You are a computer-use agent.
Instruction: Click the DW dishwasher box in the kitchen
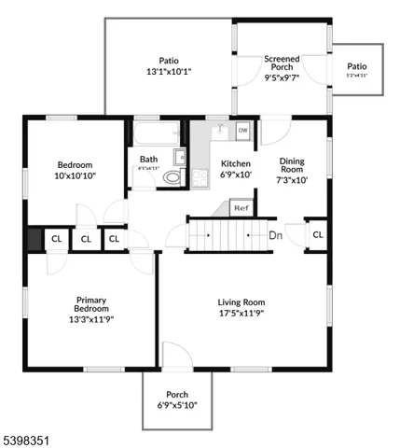click(x=242, y=131)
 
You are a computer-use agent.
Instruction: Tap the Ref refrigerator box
click(x=241, y=207)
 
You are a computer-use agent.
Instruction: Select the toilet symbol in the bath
click(x=172, y=176)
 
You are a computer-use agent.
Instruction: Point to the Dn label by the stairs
click(x=275, y=235)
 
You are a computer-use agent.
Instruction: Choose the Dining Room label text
click(x=292, y=164)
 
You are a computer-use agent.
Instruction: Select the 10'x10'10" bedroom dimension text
click(x=76, y=175)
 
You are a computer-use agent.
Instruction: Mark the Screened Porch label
click(x=282, y=62)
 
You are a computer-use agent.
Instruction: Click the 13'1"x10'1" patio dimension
click(x=169, y=71)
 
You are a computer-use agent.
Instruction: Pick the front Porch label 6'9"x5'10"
click(x=176, y=399)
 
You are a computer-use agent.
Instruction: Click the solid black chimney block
click(x=34, y=239)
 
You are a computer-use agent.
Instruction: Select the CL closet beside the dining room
click(x=317, y=234)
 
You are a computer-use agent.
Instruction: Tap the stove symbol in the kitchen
click(x=200, y=176)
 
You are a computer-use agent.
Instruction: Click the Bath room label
click(x=149, y=160)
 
